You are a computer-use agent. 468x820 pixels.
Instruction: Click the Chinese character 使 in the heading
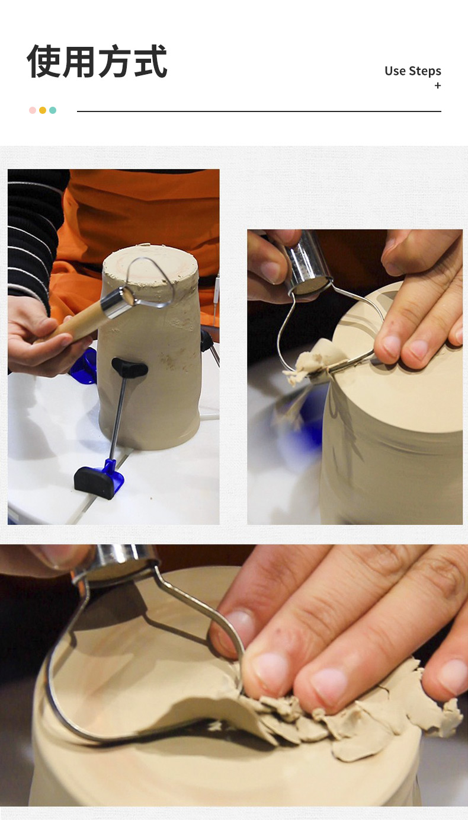coord(44,61)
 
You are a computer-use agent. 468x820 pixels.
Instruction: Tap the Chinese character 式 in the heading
coord(150,61)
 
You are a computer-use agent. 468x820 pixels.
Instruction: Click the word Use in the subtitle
coord(395,71)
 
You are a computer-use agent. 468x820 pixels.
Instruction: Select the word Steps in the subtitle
coord(425,71)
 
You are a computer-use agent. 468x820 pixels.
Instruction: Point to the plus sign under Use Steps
coord(438,85)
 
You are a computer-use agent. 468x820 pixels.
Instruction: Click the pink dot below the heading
coord(33,110)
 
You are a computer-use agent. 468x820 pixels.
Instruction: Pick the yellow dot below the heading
coord(43,110)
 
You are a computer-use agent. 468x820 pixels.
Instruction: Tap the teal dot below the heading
coord(53,110)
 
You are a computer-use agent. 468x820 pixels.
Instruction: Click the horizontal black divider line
coord(259,111)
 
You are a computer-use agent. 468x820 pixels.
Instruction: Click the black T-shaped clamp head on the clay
coord(130,368)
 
